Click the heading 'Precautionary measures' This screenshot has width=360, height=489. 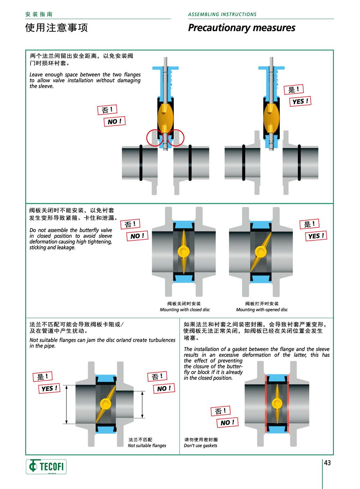pyautogui.click(x=242, y=28)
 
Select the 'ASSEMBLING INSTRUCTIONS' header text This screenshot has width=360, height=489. pyautogui.click(x=222, y=14)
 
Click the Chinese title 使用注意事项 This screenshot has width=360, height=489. pyautogui.click(x=56, y=28)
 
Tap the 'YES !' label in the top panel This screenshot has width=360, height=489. pyautogui.click(x=300, y=101)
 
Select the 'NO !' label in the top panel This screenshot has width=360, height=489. pyautogui.click(x=115, y=122)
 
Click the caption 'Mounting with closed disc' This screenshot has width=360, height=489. pyautogui.click(x=185, y=309)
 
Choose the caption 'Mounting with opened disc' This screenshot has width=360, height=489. pyautogui.click(x=262, y=309)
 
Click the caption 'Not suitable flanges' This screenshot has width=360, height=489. pyautogui.click(x=147, y=446)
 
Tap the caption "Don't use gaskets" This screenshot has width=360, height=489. pyautogui.click(x=200, y=446)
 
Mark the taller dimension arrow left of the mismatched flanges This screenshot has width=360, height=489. pyautogui.click(x=67, y=404)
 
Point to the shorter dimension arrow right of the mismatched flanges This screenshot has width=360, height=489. pyautogui.click(x=142, y=404)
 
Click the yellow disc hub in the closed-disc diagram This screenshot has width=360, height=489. pyautogui.click(x=184, y=252)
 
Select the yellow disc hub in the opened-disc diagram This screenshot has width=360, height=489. pyautogui.click(x=261, y=252)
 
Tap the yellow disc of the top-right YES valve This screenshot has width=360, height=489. pyautogui.click(x=271, y=118)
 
